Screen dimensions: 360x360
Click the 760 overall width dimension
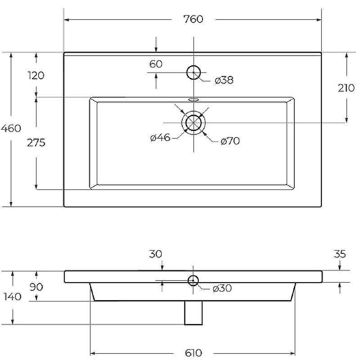[193, 19]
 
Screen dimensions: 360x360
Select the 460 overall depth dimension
[11, 128]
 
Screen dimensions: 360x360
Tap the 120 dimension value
[36, 76]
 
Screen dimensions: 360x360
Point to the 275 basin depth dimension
[36, 143]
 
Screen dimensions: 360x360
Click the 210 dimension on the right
[346, 88]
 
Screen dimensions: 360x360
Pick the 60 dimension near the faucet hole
[156, 64]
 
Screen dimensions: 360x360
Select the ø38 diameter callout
[224, 80]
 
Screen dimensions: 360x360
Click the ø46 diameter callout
[160, 138]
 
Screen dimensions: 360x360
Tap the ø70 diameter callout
[230, 141]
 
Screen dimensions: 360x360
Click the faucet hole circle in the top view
[193, 66]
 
